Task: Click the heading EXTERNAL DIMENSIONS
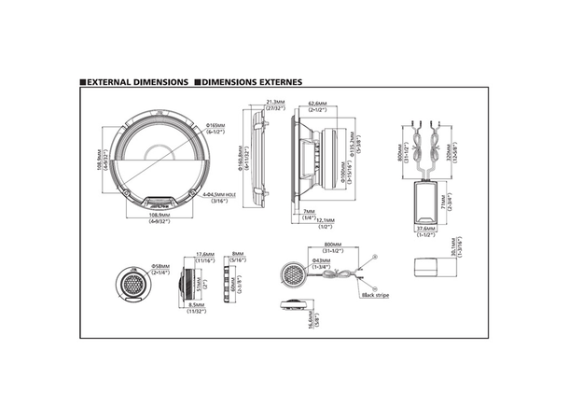coord(138,82)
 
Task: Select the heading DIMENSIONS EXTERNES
coord(251,82)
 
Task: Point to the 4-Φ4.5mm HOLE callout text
coord(220,195)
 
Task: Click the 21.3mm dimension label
coord(275,103)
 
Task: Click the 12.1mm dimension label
coord(326,219)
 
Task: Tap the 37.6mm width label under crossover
coord(426,228)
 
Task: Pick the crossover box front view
coord(427,197)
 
